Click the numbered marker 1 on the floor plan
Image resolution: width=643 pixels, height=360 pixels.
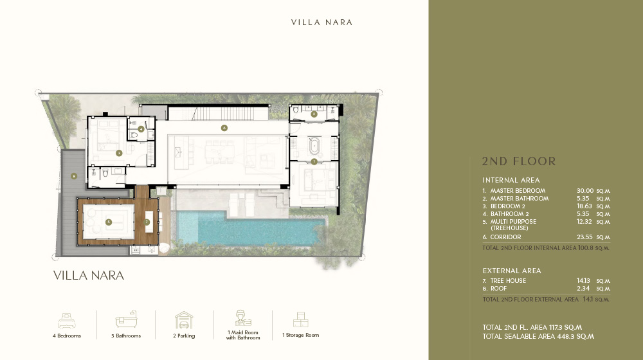pyautogui.click(x=314, y=161)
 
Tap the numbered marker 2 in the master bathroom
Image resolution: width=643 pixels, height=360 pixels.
pyautogui.click(x=314, y=114)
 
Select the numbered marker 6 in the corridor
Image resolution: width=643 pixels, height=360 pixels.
pyautogui.click(x=224, y=127)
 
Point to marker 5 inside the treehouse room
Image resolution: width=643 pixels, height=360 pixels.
pyautogui.click(x=109, y=222)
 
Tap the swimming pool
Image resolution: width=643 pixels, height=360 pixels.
pyautogui.click(x=257, y=228)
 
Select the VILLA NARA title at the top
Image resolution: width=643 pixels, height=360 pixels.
pyautogui.click(x=321, y=22)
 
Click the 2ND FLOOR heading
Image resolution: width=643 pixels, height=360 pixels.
pyautogui.click(x=519, y=161)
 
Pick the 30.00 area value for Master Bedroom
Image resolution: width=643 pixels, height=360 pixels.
pyautogui.click(x=585, y=191)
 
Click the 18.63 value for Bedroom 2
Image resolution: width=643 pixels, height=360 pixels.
pyautogui.click(x=585, y=206)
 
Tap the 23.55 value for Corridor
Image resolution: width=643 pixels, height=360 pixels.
pyautogui.click(x=585, y=237)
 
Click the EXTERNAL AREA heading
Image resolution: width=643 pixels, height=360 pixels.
pyautogui.click(x=512, y=271)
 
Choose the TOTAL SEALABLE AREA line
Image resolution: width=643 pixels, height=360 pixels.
pyautogui.click(x=538, y=336)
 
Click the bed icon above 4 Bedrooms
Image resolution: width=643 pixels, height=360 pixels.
pyautogui.click(x=67, y=320)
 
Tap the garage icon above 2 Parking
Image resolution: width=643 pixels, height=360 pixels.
pyautogui.click(x=184, y=320)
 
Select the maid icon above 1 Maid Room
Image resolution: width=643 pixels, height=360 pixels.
pyautogui.click(x=243, y=318)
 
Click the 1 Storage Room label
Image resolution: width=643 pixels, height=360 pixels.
pyautogui.click(x=300, y=335)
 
